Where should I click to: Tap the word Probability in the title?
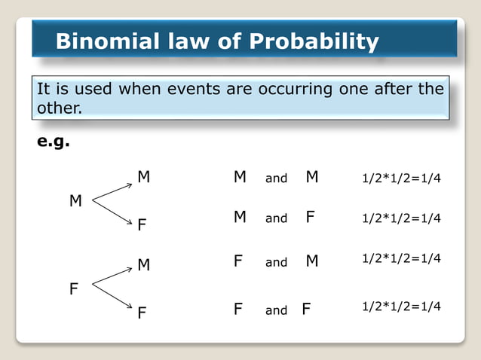(x=314, y=41)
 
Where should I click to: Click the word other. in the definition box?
(x=59, y=108)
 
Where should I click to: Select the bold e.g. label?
(x=54, y=142)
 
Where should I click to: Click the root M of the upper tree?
(x=75, y=201)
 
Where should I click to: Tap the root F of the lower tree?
(x=74, y=288)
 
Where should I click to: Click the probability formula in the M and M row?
(x=401, y=178)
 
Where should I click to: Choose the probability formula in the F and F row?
(x=401, y=307)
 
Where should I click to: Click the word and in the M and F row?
(x=276, y=218)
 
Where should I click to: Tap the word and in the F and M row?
(x=276, y=262)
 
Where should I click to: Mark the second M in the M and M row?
(x=312, y=178)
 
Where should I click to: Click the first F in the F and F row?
(x=238, y=309)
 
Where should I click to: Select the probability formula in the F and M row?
(x=401, y=258)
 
